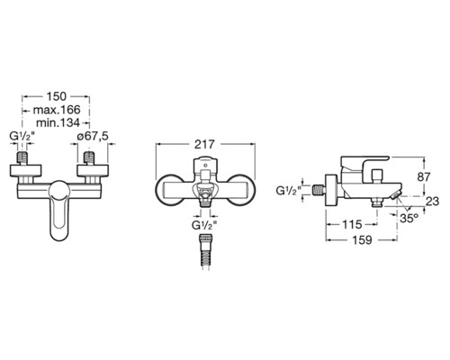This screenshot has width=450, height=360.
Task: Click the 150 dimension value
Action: click(x=56, y=96)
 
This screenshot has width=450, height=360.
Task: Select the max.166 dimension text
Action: click(x=57, y=110)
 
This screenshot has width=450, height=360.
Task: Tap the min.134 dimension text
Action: click(x=58, y=122)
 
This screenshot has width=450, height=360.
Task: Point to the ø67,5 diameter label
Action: click(x=92, y=136)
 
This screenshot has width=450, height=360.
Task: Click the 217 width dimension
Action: click(x=205, y=144)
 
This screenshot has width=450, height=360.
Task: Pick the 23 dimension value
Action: click(x=433, y=201)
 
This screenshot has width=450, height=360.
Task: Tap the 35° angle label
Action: click(x=409, y=218)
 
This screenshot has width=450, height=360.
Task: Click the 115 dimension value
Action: click(x=352, y=224)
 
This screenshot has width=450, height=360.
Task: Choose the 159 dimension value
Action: click(x=362, y=239)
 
